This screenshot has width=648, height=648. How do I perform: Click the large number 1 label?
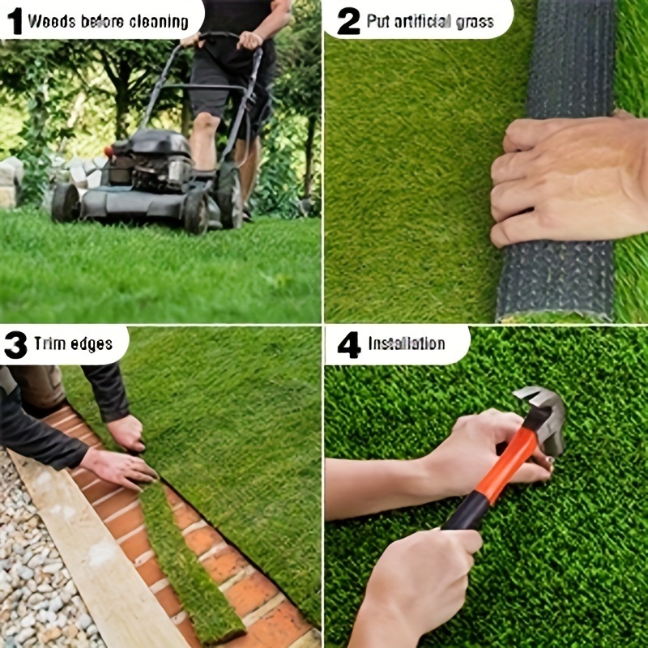15,21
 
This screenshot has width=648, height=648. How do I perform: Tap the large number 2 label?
348,21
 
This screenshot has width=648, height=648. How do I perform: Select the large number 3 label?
15,344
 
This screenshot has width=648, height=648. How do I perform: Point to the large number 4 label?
349,344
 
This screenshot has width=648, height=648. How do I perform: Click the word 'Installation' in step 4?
407,343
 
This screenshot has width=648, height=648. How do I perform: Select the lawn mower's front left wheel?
66,202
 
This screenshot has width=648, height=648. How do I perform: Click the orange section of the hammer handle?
508,462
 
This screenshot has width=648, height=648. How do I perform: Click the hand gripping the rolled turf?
569,180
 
